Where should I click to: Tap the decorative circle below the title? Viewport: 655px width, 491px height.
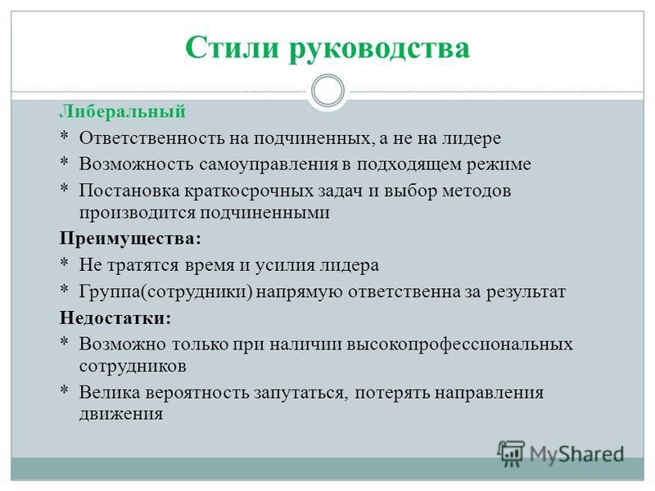point(328,90)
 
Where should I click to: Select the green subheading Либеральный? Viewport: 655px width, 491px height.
point(122,112)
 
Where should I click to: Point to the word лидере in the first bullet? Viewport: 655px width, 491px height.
point(472,139)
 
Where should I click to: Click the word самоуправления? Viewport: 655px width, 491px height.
point(269,165)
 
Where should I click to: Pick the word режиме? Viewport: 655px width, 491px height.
point(499,165)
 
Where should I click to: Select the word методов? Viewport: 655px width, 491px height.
point(477,191)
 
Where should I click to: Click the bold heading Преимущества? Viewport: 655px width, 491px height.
point(130,239)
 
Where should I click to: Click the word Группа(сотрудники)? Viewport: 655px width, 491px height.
point(166,292)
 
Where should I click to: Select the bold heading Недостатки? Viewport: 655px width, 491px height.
point(115,318)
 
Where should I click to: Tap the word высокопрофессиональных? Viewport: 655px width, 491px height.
point(460,345)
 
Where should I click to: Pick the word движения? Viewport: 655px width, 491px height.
point(121,415)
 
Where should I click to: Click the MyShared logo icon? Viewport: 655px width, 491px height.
point(510,454)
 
